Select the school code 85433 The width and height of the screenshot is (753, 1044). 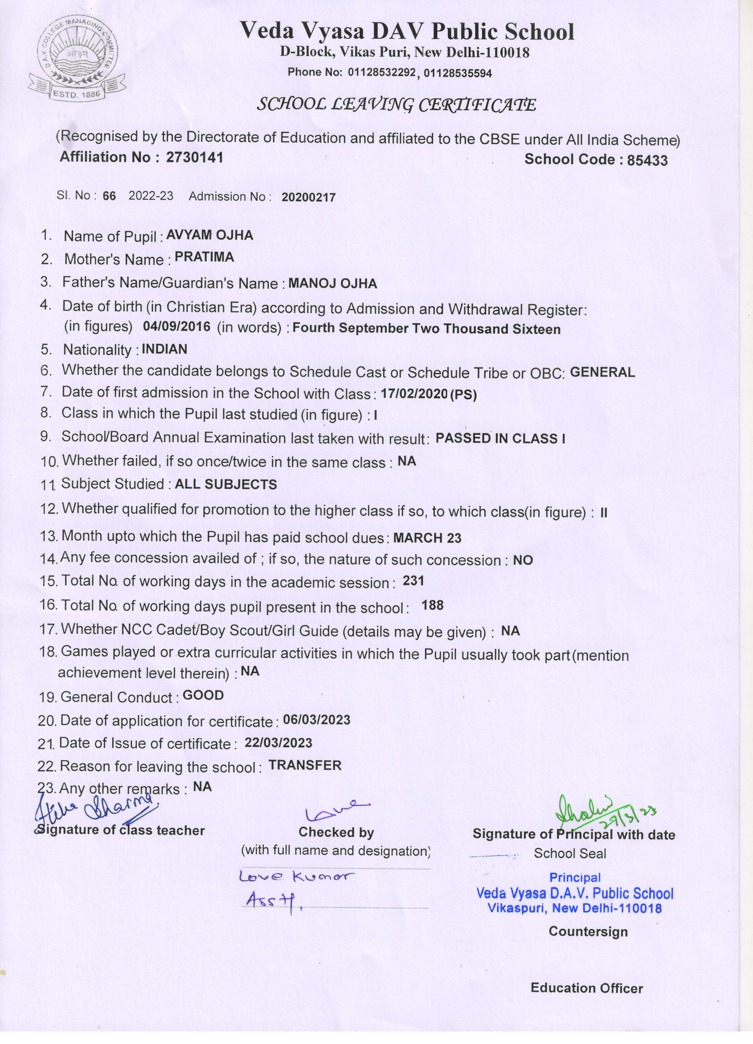[x=647, y=160]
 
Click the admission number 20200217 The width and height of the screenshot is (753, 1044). [x=309, y=197]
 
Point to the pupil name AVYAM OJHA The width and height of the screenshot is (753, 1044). [x=210, y=235]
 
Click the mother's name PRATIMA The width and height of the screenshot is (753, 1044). [x=204, y=257]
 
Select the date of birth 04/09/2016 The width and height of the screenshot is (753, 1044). [x=176, y=327]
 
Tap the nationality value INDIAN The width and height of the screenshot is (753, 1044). [x=164, y=349]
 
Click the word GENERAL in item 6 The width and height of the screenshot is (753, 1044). [x=602, y=372]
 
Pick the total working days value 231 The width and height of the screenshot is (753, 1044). [x=413, y=581]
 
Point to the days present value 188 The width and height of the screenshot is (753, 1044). [x=432, y=605]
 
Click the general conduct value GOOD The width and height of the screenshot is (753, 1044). [x=203, y=695]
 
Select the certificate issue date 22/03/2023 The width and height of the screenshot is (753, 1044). [x=278, y=743]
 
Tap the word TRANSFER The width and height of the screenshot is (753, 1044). [x=305, y=765]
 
